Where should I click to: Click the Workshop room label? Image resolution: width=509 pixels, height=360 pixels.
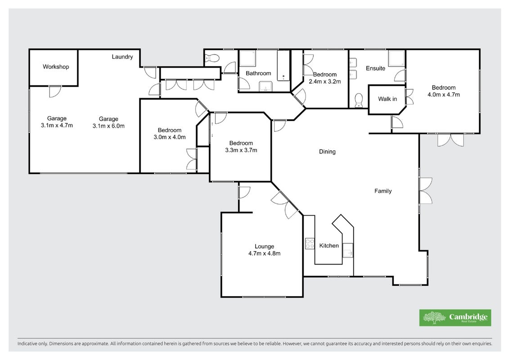[x=56, y=67]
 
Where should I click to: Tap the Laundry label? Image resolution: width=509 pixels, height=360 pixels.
[x=122, y=57]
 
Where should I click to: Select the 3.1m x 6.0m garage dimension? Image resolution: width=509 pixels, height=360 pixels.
[x=108, y=126]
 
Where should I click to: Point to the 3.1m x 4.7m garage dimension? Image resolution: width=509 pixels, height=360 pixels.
[x=57, y=125]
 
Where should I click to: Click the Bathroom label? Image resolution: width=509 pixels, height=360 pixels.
[x=258, y=73]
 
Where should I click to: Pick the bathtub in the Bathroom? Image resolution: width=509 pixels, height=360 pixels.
[x=284, y=66]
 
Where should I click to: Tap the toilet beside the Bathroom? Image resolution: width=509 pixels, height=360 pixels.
[x=212, y=58]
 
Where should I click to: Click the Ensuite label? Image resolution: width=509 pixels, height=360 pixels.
[x=376, y=68]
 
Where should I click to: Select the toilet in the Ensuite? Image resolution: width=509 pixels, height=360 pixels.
[x=359, y=100]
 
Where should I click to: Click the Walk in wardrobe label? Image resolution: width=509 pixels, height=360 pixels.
[x=387, y=99]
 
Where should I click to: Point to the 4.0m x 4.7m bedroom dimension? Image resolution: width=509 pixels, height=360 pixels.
[x=444, y=95]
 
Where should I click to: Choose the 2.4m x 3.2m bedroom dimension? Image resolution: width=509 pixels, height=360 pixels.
[x=324, y=81]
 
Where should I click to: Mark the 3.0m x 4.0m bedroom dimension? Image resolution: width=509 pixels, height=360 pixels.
[x=170, y=137]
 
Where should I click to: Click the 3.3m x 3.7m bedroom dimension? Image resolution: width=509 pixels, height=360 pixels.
[x=241, y=150]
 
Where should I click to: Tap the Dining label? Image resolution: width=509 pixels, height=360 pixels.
[x=327, y=152]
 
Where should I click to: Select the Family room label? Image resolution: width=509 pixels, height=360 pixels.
[x=383, y=191]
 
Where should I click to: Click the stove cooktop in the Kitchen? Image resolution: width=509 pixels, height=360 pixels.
[x=310, y=243]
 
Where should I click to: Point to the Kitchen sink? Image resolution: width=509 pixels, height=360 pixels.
[x=348, y=250]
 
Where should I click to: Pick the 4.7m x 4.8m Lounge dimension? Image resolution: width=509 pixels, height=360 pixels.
[x=264, y=253]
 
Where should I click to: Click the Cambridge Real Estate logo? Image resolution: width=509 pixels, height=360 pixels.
[x=455, y=318]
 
